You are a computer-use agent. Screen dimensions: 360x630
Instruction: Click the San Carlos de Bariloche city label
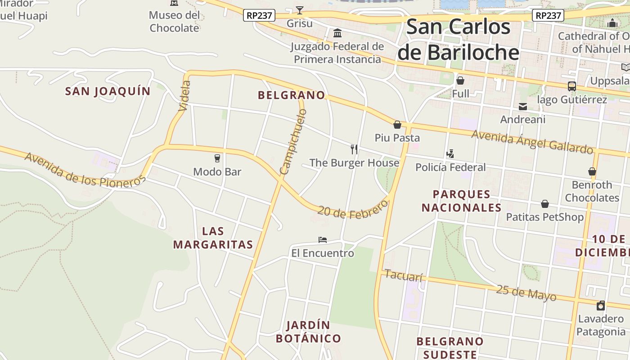[458, 40]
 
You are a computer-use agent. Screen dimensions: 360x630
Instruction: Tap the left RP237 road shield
[259, 15]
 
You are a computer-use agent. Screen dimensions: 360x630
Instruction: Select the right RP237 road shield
[548, 15]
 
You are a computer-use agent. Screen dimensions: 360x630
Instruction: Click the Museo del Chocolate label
[174, 21]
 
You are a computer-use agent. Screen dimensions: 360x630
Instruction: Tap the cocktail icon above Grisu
[300, 10]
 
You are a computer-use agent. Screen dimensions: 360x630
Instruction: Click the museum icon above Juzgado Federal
[337, 33]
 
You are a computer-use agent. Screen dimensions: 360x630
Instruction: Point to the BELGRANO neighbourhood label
[291, 95]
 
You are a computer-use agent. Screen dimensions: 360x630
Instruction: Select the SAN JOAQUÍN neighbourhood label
[108, 91]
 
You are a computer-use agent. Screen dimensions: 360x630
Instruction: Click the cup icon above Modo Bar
[217, 158]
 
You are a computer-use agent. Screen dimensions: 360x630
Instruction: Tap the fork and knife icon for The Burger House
[354, 149]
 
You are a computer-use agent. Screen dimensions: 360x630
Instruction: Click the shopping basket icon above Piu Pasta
[397, 125]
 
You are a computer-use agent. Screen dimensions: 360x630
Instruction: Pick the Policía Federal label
[450, 167]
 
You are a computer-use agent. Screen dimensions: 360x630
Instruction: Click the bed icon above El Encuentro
[322, 239]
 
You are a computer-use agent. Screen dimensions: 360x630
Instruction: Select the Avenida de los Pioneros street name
[85, 170]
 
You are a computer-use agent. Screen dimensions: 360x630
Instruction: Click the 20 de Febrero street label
[352, 208]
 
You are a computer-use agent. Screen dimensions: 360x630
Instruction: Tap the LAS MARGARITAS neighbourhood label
[213, 238]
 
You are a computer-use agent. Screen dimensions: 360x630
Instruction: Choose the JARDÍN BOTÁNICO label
[308, 332]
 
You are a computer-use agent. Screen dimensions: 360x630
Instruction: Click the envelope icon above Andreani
[523, 107]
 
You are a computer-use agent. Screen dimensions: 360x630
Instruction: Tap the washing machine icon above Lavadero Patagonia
[601, 306]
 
